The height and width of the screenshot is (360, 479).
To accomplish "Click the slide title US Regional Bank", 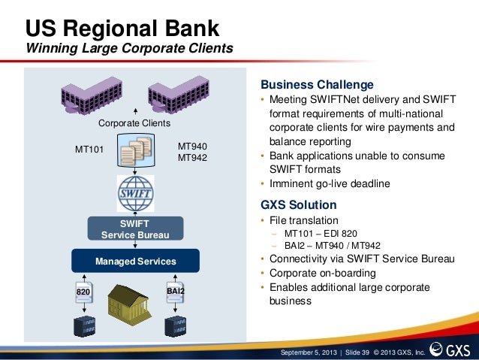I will [x=122, y=29].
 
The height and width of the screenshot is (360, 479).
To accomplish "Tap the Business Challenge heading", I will [x=316, y=83].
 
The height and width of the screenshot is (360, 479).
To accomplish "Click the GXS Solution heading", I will [x=298, y=204].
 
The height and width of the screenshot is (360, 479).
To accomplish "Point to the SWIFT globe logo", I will [x=135, y=195].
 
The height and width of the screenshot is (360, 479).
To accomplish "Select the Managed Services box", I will [x=135, y=261].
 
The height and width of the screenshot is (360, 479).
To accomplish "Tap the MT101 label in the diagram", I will [x=89, y=149].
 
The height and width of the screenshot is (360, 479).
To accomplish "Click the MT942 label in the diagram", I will [x=192, y=158].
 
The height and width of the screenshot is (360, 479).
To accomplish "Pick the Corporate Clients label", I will [x=135, y=123].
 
